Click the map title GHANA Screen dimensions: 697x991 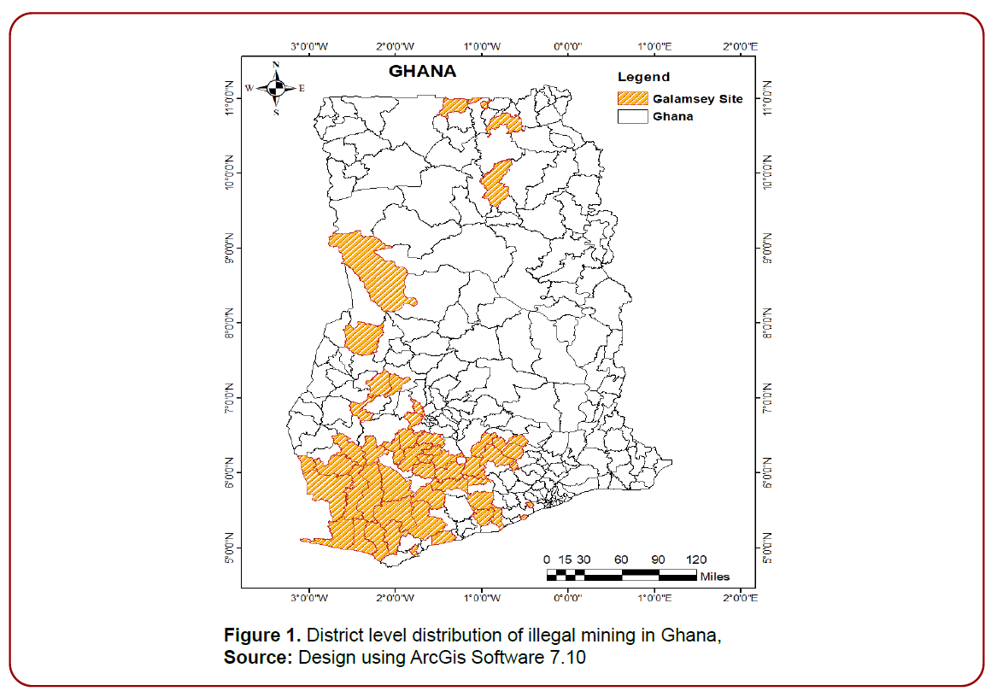[422, 72]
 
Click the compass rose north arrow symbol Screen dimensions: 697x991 [275, 87]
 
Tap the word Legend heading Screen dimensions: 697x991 [643, 77]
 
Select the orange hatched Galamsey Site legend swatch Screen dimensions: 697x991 [631, 98]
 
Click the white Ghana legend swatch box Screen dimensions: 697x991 [631, 116]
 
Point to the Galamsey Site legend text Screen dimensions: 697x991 [697, 98]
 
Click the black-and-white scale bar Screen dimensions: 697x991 [621, 575]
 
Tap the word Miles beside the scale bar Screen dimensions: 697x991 [715, 577]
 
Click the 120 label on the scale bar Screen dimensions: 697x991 [695, 559]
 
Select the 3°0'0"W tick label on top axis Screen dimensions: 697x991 [309, 46]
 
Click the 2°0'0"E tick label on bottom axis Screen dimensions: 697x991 [740, 597]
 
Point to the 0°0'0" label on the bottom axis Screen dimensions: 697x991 [568, 597]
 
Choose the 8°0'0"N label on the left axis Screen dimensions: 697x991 [229, 322]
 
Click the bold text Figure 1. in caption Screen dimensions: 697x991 [262, 635]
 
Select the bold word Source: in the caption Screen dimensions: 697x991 [259, 658]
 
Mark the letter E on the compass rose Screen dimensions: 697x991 [302, 88]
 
